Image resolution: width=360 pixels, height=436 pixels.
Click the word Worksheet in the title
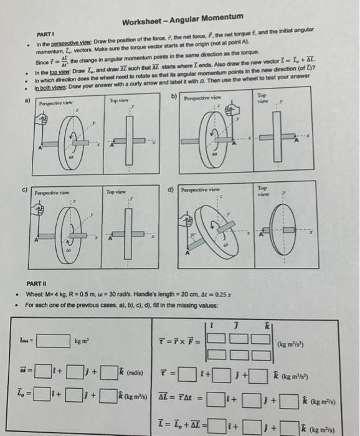tap(142, 23)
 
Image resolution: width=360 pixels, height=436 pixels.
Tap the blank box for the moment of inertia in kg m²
tap(53, 340)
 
